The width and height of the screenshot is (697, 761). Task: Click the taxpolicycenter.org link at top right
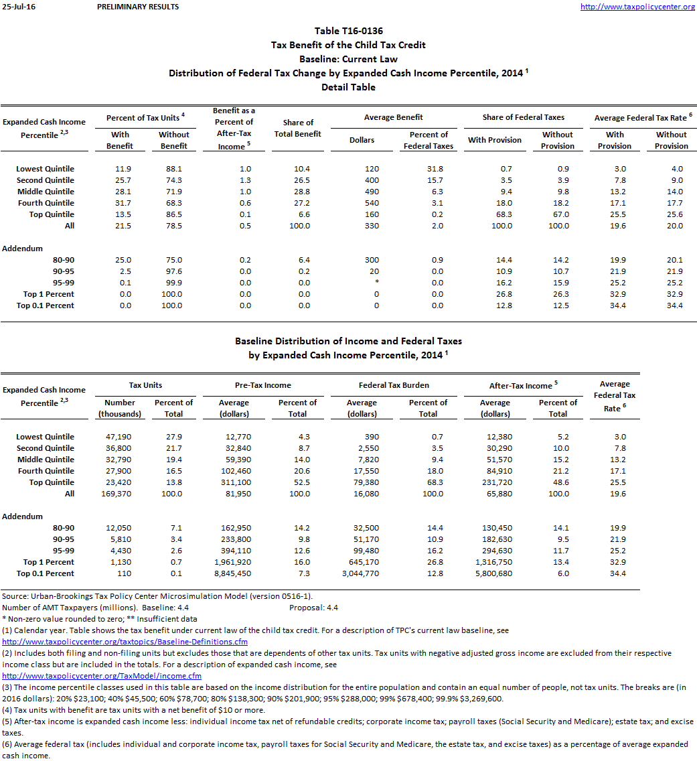pyautogui.click(x=637, y=7)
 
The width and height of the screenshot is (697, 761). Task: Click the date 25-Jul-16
pyautogui.click(x=16, y=7)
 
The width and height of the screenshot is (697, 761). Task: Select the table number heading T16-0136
pyautogui.click(x=348, y=31)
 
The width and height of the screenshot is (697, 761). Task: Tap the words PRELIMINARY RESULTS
pyautogui.click(x=138, y=7)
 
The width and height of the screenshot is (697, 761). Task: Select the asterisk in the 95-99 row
pyautogui.click(x=377, y=283)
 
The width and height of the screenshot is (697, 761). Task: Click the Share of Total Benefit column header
pyautogui.click(x=298, y=128)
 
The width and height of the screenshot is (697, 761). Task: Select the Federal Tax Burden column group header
pyautogui.click(x=394, y=385)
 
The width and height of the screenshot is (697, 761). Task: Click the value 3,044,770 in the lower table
pyautogui.click(x=362, y=573)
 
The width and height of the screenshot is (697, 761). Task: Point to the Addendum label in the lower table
pyautogui.click(x=23, y=516)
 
